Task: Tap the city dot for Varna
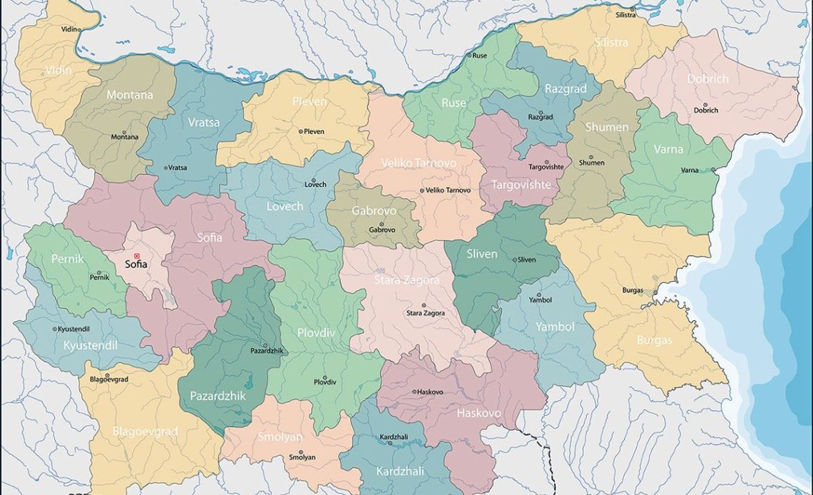713,170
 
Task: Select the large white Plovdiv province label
317,332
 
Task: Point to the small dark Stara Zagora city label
426,313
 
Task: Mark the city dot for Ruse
469,55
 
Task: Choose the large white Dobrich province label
707,79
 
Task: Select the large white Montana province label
130,94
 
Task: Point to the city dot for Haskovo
414,392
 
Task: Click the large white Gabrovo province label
374,210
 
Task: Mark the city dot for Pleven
300,131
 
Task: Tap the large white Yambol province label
555,326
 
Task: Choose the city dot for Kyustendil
55,329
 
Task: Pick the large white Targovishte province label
521,184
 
